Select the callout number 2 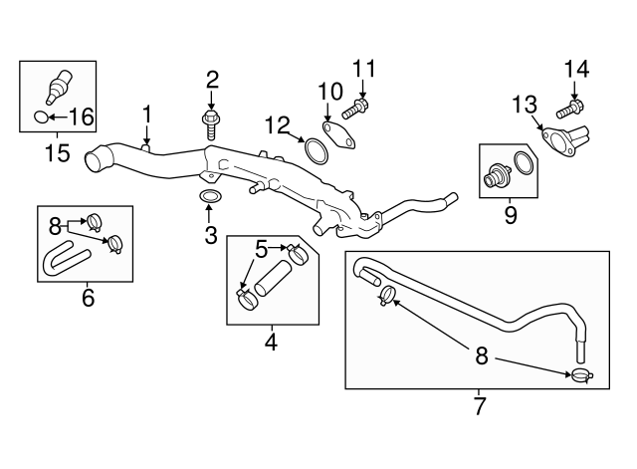click(x=211, y=80)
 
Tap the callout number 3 click(x=210, y=235)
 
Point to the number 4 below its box click(x=270, y=344)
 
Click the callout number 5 click(x=262, y=249)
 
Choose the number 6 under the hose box click(x=88, y=297)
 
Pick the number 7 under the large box click(x=479, y=405)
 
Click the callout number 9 click(x=510, y=214)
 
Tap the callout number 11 click(x=364, y=70)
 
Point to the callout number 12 click(x=278, y=124)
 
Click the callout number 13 click(x=525, y=104)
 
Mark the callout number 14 click(x=576, y=70)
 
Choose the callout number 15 click(x=58, y=154)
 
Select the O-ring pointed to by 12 click(x=316, y=150)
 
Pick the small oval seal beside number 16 click(x=40, y=117)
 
